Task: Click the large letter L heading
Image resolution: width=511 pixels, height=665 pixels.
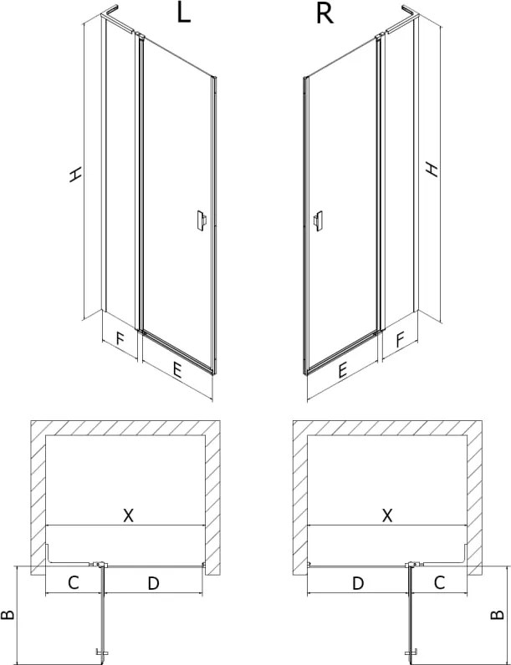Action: (x=183, y=13)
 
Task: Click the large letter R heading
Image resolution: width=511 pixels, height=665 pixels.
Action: (x=324, y=13)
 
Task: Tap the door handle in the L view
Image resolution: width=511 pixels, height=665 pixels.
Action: (x=202, y=221)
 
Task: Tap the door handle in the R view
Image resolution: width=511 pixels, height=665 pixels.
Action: (x=318, y=221)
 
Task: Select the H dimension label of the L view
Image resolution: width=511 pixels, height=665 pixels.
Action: (x=75, y=175)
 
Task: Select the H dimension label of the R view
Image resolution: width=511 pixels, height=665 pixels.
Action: (x=432, y=169)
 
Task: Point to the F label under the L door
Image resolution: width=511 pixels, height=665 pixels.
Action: (x=120, y=339)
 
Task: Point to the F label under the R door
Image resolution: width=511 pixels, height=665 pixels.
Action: (x=400, y=339)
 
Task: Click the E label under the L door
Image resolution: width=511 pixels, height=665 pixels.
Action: (x=177, y=371)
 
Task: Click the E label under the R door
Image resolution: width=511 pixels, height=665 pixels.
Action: (x=342, y=370)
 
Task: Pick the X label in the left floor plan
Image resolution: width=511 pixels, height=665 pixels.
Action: (x=128, y=515)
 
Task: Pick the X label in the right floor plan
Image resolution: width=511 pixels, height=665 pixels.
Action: (x=387, y=515)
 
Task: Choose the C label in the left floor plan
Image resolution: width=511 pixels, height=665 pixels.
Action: (x=74, y=583)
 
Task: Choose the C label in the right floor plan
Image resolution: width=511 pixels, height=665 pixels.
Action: (x=439, y=582)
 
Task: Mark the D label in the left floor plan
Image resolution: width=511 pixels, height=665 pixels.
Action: (x=153, y=583)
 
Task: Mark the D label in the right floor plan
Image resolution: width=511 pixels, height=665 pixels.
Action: (x=358, y=583)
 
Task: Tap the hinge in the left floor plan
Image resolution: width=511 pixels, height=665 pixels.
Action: (x=99, y=565)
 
